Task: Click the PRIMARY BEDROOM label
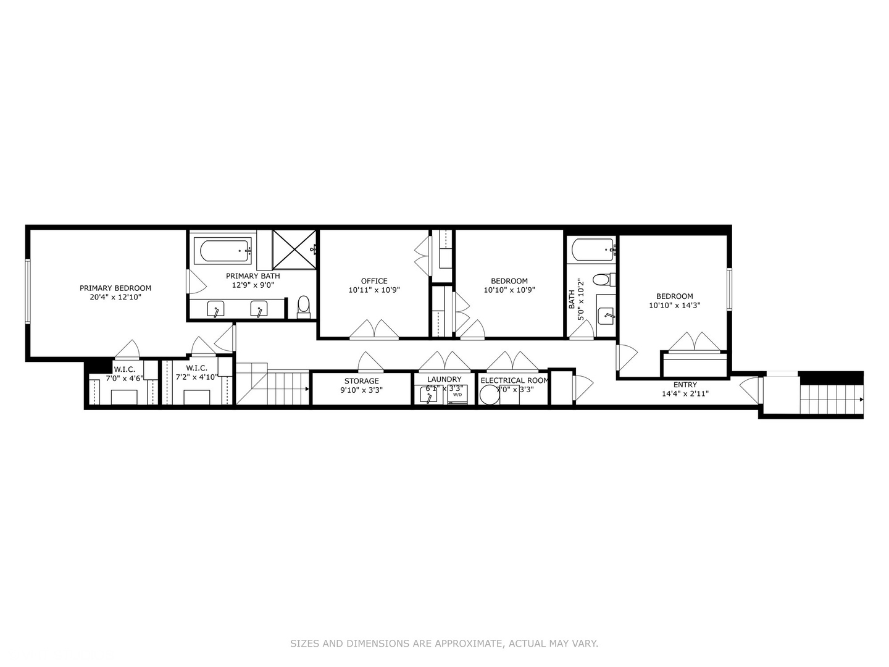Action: [x=115, y=288]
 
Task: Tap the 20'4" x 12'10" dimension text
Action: [x=115, y=297]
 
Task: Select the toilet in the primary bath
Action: [x=303, y=304]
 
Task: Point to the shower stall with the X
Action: [x=294, y=250]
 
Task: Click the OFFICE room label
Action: [x=374, y=281]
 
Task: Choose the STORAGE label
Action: [x=361, y=381]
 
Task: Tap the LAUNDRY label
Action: [x=444, y=379]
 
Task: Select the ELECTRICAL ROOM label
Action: [x=514, y=380]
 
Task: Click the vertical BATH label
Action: [x=572, y=300]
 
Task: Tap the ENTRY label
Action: [x=685, y=385]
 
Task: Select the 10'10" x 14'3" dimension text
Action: [x=674, y=305]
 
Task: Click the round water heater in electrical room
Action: [x=489, y=395]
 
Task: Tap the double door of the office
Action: [x=374, y=330]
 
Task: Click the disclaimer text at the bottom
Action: [x=444, y=644]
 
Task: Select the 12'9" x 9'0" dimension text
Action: [x=253, y=285]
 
